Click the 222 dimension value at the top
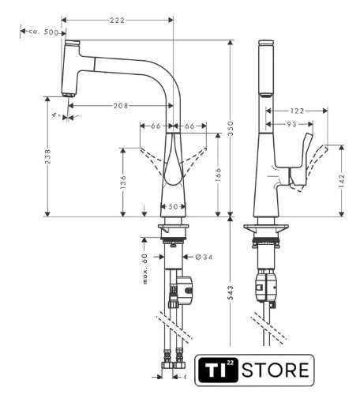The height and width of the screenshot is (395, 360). tap(117, 21)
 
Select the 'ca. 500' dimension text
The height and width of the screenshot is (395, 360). tap(43, 32)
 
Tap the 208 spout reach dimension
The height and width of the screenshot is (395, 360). tap(121, 106)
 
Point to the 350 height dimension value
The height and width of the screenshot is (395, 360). tap(231, 128)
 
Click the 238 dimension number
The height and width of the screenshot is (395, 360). tap(47, 156)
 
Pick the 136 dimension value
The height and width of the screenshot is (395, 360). tap(123, 182)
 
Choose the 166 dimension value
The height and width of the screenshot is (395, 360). tap(218, 175)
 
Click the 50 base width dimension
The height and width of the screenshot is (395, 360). tap(173, 207)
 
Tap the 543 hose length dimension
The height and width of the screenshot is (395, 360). tap(231, 293)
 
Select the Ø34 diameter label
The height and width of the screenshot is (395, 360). tap(204, 257)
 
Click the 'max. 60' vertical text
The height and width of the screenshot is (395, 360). tap(145, 269)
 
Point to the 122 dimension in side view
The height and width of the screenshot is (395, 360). tap(297, 111)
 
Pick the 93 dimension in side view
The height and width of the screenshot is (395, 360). tap(291, 124)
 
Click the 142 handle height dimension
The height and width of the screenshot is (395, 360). tap(342, 181)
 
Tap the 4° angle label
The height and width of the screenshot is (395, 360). tap(56, 115)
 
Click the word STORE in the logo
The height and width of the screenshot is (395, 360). tap(276, 370)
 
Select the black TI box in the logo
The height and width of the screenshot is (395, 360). tap(218, 370)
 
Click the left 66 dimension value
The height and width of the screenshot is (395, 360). tap(156, 126)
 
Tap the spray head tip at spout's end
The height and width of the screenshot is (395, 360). tap(69, 95)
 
